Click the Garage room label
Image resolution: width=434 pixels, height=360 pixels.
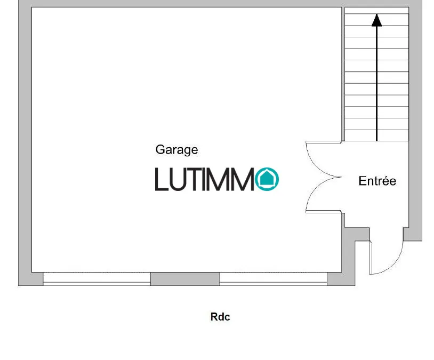176,150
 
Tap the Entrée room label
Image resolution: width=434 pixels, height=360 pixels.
377,181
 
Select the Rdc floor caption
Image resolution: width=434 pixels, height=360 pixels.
220,317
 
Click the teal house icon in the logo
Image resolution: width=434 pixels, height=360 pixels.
267,179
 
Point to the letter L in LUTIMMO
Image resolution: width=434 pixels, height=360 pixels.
162,179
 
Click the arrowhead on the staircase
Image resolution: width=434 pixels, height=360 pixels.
376,20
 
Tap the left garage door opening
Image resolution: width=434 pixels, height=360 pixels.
97,278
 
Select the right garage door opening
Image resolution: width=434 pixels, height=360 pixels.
273,278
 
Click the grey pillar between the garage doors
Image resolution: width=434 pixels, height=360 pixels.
185,279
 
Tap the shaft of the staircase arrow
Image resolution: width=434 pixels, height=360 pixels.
377,84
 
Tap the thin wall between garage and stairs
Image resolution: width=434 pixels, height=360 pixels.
343,74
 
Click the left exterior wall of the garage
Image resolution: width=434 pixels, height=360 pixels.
25,142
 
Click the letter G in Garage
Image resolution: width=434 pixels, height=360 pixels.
160,149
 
